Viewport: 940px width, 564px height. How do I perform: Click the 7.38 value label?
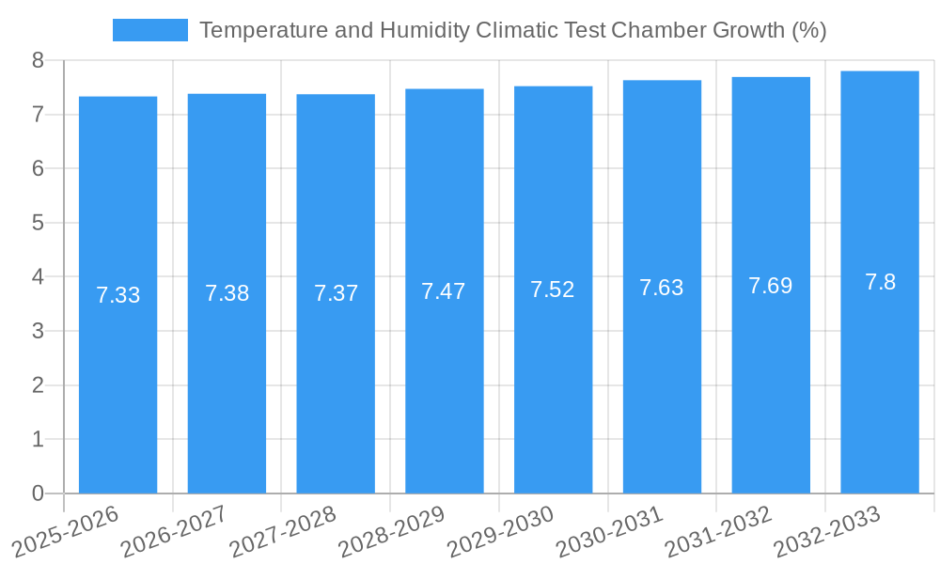[x=227, y=293]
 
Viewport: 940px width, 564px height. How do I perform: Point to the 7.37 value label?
[x=336, y=293]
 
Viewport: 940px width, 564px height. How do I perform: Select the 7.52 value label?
[x=553, y=290]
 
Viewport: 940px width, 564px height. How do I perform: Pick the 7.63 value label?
[x=662, y=288]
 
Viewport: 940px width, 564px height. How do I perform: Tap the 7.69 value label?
[x=771, y=286]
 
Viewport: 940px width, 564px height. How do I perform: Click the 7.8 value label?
[x=880, y=282]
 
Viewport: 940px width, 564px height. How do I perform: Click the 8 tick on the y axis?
[x=38, y=60]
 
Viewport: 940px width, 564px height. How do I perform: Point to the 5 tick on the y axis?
[x=38, y=223]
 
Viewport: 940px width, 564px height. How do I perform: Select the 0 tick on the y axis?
[x=38, y=493]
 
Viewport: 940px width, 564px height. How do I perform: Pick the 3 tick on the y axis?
[x=38, y=331]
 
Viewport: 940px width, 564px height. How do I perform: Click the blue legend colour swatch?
[x=149, y=30]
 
